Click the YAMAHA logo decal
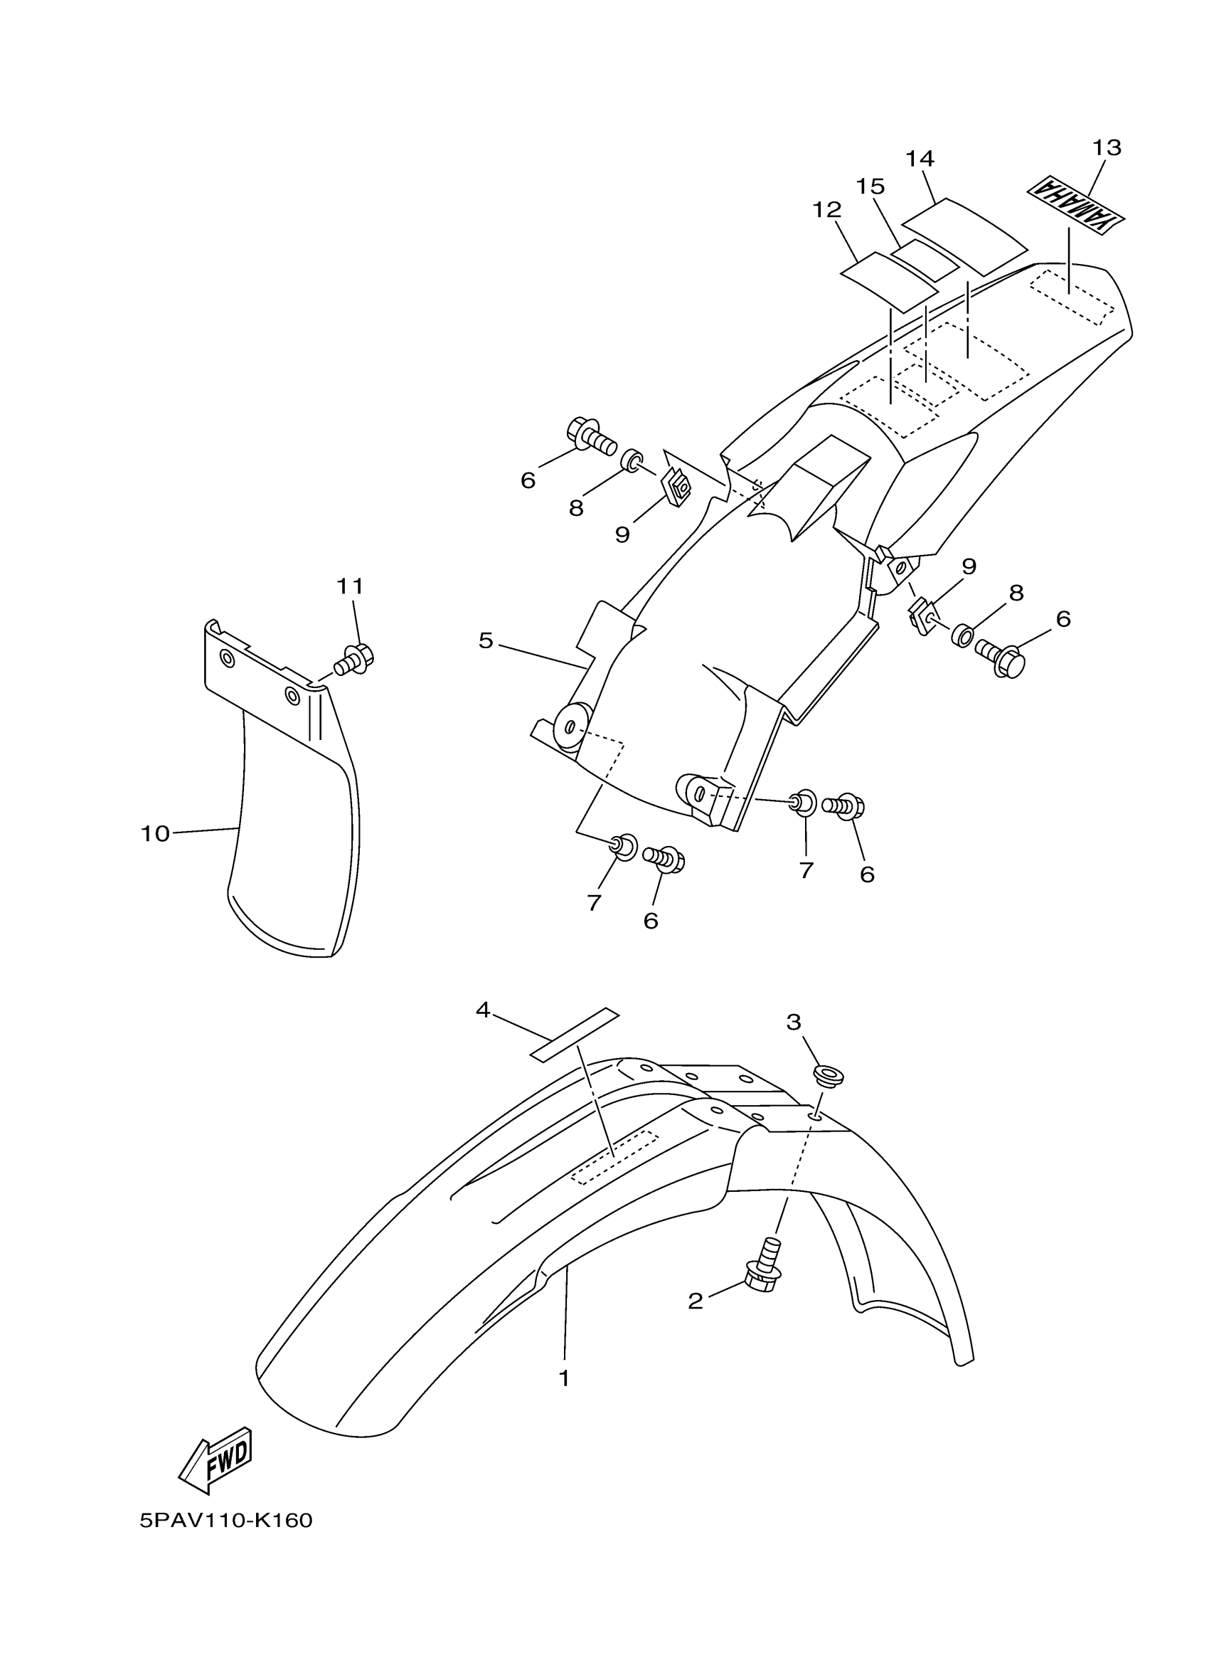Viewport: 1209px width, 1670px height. [x=1077, y=206]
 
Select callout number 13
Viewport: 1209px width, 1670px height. [x=1106, y=148]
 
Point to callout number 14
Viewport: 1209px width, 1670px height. [x=919, y=158]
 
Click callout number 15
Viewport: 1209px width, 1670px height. [x=870, y=186]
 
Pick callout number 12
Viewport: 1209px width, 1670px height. [x=826, y=210]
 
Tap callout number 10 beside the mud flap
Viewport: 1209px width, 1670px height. [x=155, y=833]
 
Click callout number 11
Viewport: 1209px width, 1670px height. [x=351, y=586]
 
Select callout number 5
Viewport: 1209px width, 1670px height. [x=486, y=640]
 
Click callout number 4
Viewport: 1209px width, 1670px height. [x=483, y=1010]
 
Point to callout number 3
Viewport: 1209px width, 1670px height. [x=793, y=1021]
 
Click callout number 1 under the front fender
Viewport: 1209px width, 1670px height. [x=565, y=1378]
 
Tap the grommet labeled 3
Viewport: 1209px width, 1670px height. [x=828, y=1074]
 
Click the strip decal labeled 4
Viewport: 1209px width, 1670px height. [x=575, y=1034]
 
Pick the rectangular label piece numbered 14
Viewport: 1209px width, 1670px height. [x=964, y=233]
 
